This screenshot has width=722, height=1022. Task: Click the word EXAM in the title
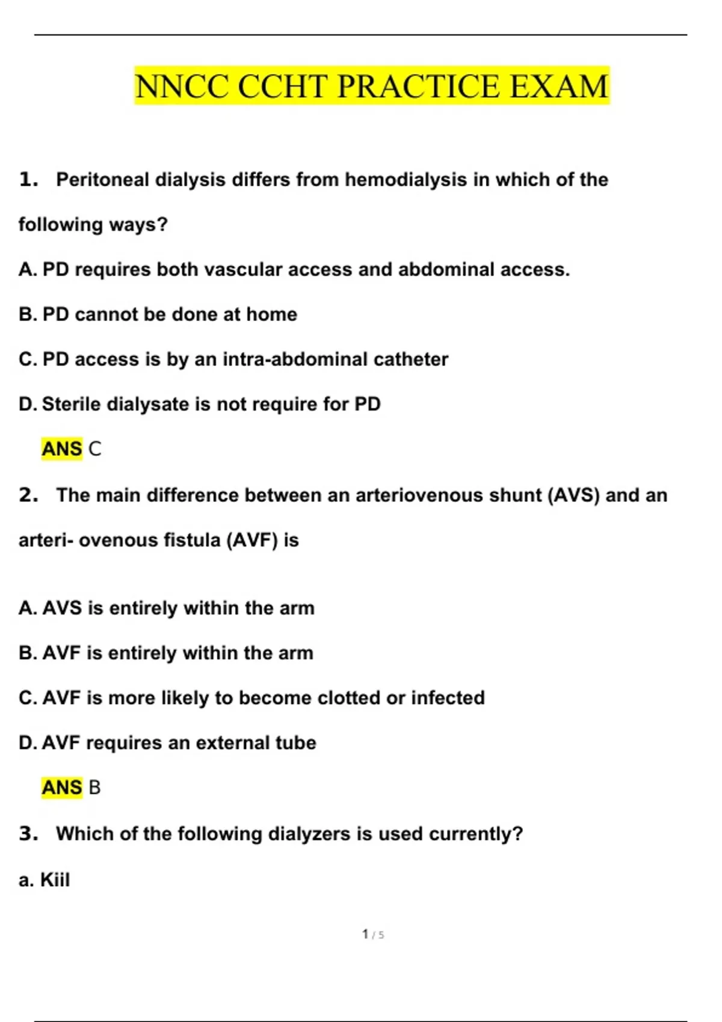(559, 86)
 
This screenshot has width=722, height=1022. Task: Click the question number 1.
(28, 179)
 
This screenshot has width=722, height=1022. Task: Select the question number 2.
(28, 495)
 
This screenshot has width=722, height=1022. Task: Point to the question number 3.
(28, 833)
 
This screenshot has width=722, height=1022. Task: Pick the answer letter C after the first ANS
(95, 448)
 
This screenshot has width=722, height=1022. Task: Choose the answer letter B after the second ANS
(94, 787)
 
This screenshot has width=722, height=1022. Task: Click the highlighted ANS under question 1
(62, 448)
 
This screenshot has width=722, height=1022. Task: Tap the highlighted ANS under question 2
(62, 787)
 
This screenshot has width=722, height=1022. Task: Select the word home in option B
(272, 314)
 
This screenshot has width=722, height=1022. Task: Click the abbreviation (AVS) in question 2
(574, 495)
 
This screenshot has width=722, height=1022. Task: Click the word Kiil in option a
(55, 880)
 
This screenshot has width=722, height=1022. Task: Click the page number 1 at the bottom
(365, 934)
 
